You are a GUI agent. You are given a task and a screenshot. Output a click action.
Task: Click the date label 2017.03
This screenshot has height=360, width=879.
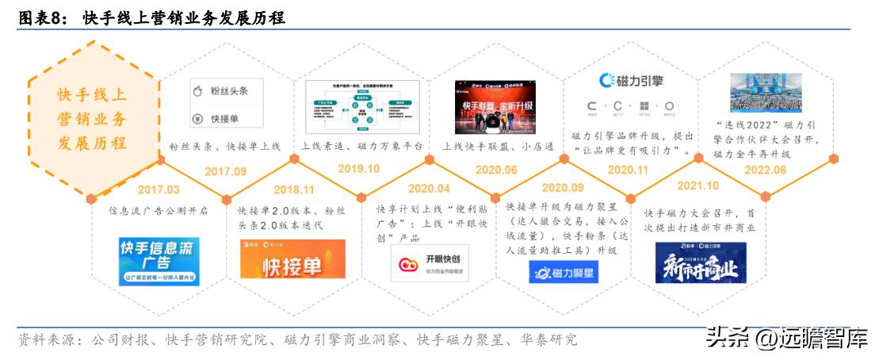point(159,190)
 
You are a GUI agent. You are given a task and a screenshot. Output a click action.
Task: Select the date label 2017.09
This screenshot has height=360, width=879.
point(226,170)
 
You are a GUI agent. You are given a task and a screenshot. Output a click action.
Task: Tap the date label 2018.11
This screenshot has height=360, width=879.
point(294,190)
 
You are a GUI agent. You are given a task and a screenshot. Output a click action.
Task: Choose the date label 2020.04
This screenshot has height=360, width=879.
point(429,189)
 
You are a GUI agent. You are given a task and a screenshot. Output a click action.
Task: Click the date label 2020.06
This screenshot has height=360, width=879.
point(496,170)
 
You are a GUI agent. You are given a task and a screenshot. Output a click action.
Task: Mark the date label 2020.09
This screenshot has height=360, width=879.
point(564,189)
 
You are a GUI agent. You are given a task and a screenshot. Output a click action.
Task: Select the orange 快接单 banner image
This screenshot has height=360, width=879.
point(292,259)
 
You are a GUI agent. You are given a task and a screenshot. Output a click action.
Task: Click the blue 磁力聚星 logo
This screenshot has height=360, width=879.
point(564,272)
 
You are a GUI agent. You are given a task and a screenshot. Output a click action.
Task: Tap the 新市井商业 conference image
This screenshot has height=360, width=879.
point(701,262)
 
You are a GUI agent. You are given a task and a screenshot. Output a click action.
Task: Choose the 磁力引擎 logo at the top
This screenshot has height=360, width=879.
point(631,81)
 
